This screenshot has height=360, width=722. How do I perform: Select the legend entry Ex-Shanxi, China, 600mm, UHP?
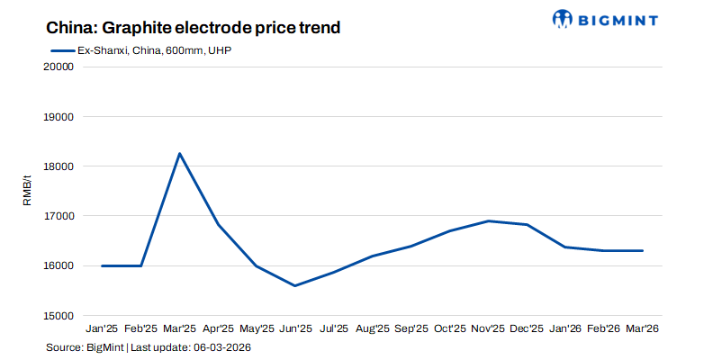143,50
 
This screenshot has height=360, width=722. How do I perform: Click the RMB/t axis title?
27,191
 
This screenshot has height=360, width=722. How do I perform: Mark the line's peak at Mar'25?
179,154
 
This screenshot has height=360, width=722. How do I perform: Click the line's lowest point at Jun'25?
295,286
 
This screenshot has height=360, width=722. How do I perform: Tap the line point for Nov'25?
488,220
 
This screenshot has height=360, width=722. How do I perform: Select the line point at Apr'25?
218,224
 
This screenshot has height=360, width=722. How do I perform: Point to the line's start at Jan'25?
102,265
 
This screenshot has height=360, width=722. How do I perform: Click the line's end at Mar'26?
643,251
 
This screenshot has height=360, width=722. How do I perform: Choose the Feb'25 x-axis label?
140,329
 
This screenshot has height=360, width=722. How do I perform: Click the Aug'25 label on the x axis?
372,329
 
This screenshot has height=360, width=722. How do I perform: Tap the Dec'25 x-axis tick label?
527,329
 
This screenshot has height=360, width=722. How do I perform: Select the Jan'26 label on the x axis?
565,329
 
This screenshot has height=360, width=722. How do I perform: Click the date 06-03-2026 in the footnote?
220,347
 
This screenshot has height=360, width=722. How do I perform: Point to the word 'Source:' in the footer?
63,347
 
